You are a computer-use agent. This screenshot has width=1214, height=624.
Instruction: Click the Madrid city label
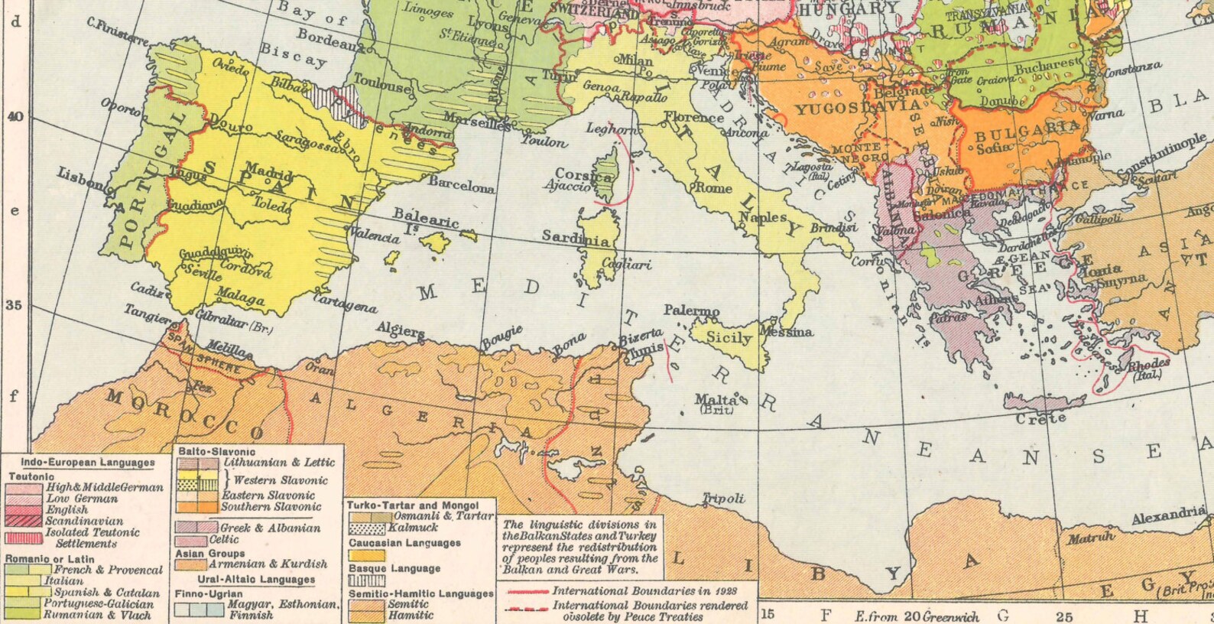pyautogui.click(x=269, y=172)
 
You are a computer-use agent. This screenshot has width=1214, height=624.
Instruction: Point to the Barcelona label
pyautogui.click(x=461, y=184)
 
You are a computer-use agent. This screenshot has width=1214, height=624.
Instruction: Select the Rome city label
pyautogui.click(x=714, y=187)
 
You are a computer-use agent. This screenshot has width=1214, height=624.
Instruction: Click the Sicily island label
pyautogui.click(x=729, y=337)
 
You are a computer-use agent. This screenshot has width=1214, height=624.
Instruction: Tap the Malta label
pyautogui.click(x=716, y=399)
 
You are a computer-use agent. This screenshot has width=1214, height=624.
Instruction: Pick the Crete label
pyautogui.click(x=1040, y=418)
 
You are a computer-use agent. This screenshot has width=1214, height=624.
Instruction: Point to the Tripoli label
pyautogui.click(x=723, y=499)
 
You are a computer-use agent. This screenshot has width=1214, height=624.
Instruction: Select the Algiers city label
pyautogui.click(x=400, y=330)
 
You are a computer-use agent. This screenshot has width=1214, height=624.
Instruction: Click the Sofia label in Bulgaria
pyautogui.click(x=994, y=148)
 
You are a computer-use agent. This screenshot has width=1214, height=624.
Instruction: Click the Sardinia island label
pyautogui.click(x=576, y=238)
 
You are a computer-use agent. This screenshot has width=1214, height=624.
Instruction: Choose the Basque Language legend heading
pyautogui.click(x=394, y=569)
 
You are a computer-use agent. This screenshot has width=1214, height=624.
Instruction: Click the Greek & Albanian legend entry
pyautogui.click(x=270, y=528)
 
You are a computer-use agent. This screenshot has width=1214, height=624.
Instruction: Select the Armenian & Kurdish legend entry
pyautogui.click(x=268, y=564)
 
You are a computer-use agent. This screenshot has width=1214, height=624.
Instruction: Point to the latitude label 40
pyautogui.click(x=15, y=116)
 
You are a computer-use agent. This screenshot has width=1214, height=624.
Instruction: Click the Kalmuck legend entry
pyautogui.click(x=413, y=528)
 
